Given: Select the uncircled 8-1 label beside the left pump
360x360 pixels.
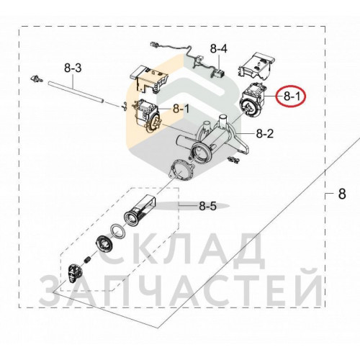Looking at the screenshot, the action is coord(181,109).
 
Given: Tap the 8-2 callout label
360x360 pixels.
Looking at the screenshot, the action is coord(265,133).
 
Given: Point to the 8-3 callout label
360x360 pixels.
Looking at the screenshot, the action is coord(73,68).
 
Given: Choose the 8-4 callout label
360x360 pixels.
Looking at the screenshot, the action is coord(219,49).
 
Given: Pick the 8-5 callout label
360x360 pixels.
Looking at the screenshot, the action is coord(208,206).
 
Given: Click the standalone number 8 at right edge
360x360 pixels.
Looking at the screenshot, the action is coord(342,194).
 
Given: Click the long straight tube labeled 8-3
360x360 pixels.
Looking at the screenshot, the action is coord(76,92).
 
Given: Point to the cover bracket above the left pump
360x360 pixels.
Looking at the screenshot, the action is coord(149,79).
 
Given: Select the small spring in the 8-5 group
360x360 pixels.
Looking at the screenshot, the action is coord(88,260).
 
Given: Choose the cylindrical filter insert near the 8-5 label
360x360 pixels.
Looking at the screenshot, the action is coord(139,210).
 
